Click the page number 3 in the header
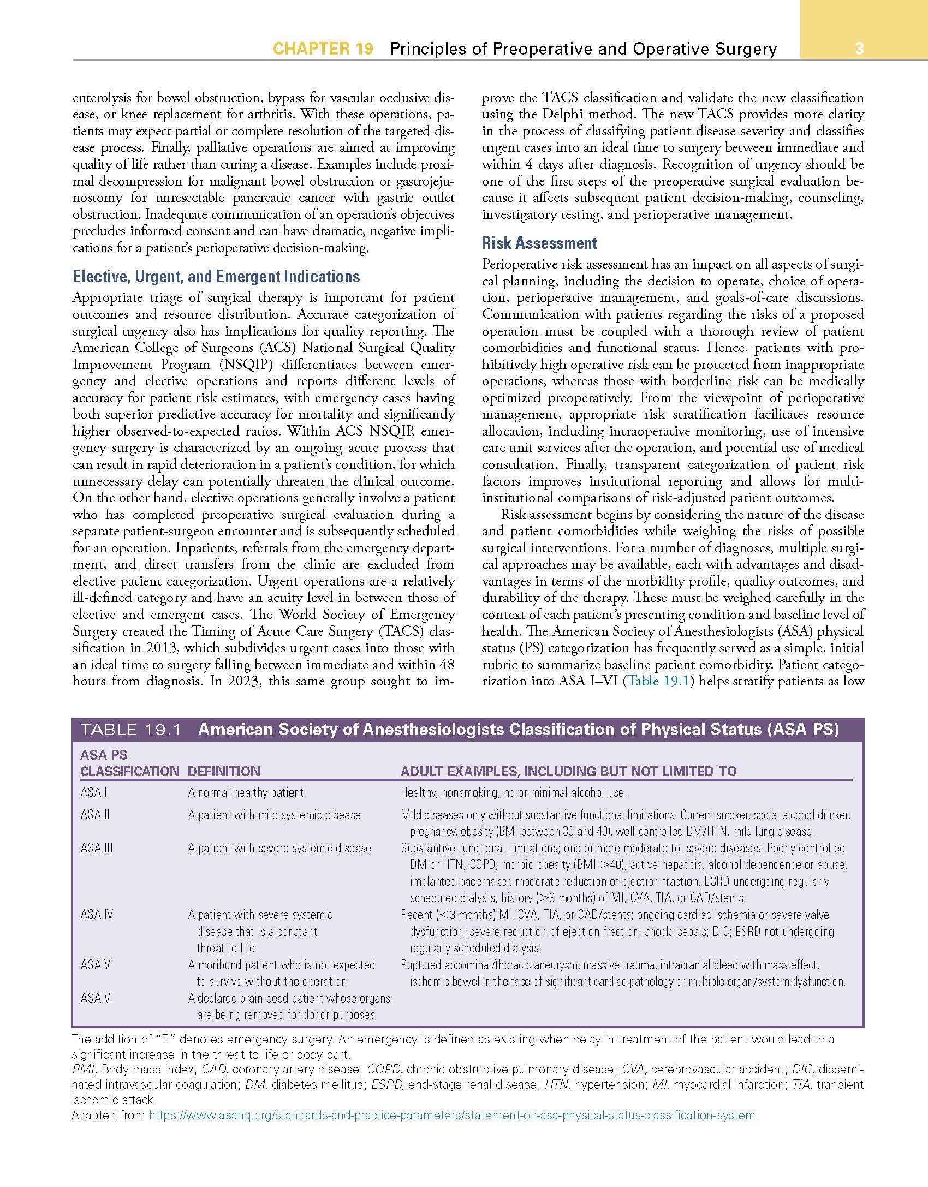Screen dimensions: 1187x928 pos(859,49)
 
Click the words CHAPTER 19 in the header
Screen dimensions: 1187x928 pos(323,49)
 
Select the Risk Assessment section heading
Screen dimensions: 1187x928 pos(539,243)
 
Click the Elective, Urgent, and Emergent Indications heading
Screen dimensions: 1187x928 pos(216,276)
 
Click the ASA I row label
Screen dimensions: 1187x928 pos(93,792)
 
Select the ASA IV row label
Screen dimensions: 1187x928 pos(97,914)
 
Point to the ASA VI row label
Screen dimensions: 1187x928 pos(97,998)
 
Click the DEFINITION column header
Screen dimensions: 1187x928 pos(224,771)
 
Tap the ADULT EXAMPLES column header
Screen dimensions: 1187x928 pos(568,771)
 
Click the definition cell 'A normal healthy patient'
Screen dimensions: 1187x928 pos(245,792)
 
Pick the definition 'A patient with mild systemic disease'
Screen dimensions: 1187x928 pos(274,815)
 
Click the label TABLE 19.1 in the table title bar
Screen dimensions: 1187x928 pos(130,730)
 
